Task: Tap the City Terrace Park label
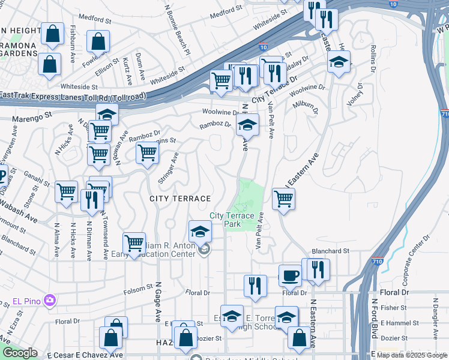(237, 220)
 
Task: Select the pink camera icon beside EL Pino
(50, 299)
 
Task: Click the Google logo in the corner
(19, 353)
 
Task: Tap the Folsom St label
(139, 292)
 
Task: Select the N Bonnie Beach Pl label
(177, 30)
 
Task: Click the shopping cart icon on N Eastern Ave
(283, 199)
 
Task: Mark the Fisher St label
(394, 308)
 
